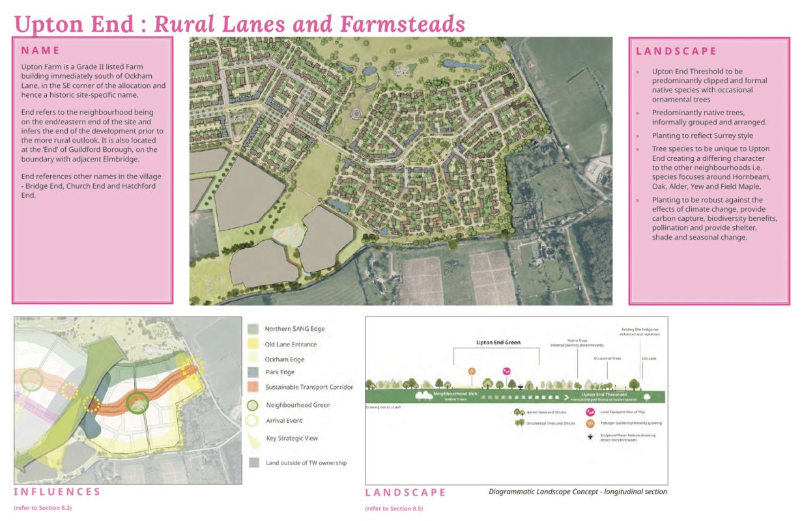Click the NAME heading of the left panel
[40, 50]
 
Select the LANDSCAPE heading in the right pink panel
[676, 51]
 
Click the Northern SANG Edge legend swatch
[254, 329]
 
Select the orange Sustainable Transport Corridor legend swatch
[254, 387]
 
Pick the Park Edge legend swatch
[254, 372]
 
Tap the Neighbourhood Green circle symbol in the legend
[254, 404]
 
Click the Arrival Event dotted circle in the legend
[254, 421]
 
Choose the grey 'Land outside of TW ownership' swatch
[254, 462]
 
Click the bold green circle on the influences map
[137, 404]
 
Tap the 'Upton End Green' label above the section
[498, 342]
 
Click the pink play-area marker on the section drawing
[507, 371]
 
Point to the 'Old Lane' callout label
[649, 358]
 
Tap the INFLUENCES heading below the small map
[57, 492]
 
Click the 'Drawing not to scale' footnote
[382, 407]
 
